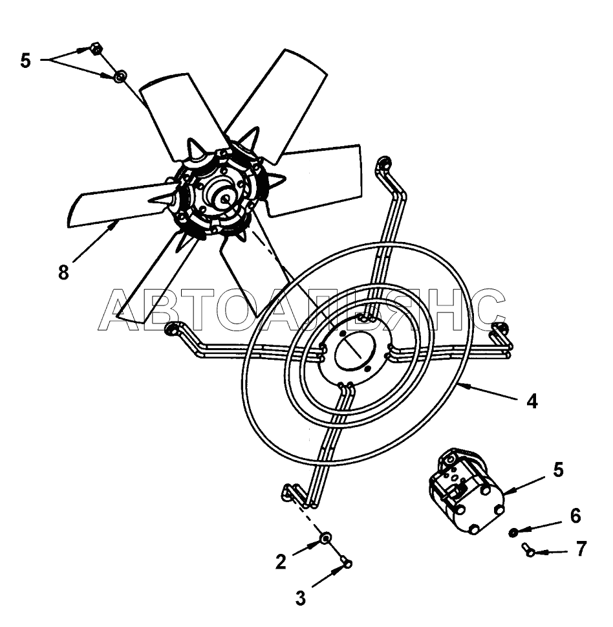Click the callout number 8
coord(63,272)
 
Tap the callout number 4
coord(532,401)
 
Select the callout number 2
coord(281,562)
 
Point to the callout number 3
coord(300,599)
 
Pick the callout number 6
coord(575,516)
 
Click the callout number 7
coord(581,549)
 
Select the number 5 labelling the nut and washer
coord(25,61)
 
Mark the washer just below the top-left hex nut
coord(120,77)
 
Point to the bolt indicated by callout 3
coord(347,564)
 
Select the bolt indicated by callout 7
coord(528,550)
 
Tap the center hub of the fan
coord(226,197)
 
